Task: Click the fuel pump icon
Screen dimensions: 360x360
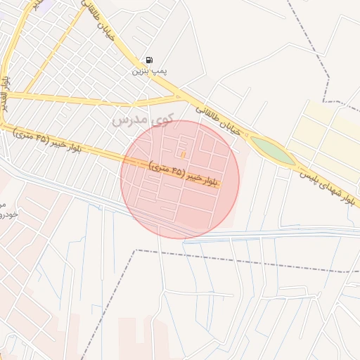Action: tap(148, 61)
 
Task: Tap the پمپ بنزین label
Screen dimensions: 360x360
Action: tap(148, 72)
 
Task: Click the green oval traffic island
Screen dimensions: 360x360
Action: tap(273, 150)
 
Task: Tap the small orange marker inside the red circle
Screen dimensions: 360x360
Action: tap(183, 154)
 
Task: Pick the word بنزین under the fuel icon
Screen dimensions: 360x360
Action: tap(141, 72)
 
